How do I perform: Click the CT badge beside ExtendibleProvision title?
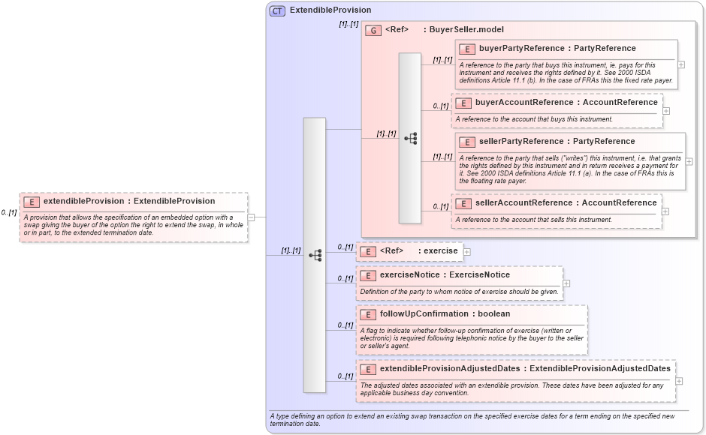(x=277, y=10)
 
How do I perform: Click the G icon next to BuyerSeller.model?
(x=373, y=30)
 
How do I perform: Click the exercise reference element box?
(x=410, y=251)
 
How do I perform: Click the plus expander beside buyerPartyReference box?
(x=681, y=64)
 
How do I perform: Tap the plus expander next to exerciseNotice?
(x=566, y=283)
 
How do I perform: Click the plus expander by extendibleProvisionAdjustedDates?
(x=680, y=380)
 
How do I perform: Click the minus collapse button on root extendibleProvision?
(x=251, y=217)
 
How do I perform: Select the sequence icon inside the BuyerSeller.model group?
(x=410, y=138)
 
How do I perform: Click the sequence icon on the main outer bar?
(x=315, y=255)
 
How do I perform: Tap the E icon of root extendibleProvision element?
(x=32, y=202)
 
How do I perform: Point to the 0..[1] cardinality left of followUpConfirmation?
(x=345, y=325)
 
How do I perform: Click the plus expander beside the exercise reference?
(x=467, y=251)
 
